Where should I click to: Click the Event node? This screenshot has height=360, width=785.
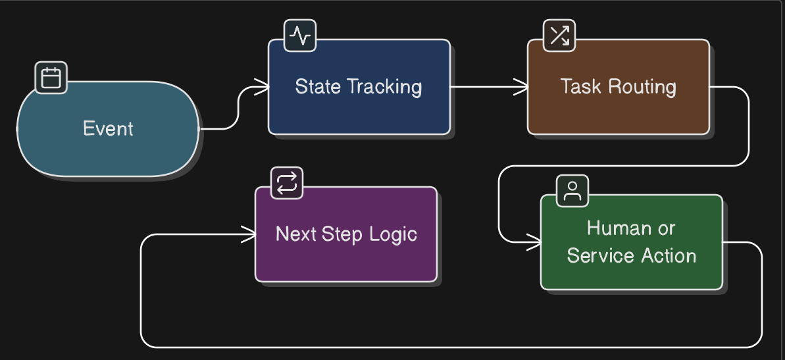point(108,129)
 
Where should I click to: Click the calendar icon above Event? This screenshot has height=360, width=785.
point(51,78)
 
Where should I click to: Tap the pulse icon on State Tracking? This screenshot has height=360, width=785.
point(300,36)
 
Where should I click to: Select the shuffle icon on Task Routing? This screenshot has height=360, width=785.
point(559,36)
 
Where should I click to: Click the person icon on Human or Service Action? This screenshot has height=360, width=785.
point(572,192)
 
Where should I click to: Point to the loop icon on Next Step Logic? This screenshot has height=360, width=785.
point(287,183)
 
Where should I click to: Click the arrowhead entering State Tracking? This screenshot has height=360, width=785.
point(263,86)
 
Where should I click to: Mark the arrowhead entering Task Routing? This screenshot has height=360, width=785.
point(522,86)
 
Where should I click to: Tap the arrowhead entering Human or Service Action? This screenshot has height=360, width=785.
point(535,242)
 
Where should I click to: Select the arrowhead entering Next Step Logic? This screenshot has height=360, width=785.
point(249,234)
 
